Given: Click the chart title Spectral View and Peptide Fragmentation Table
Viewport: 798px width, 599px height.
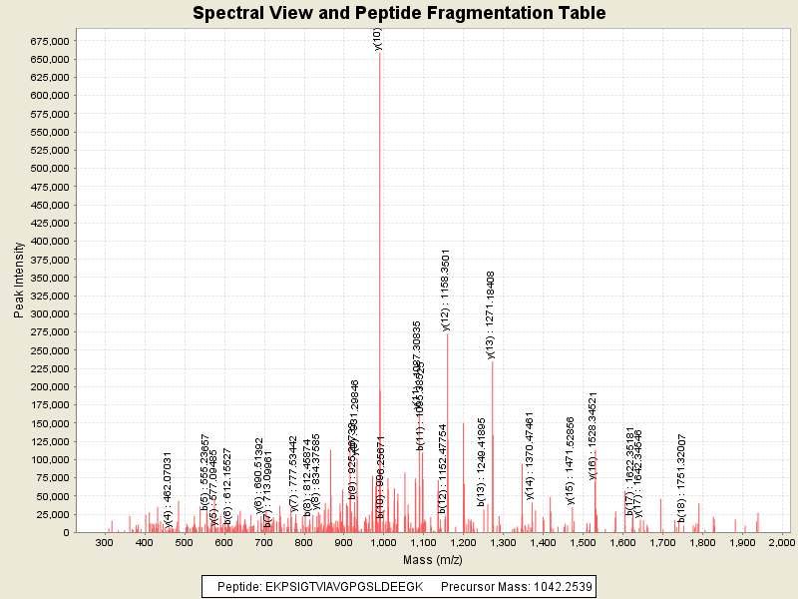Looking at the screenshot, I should tap(399, 13).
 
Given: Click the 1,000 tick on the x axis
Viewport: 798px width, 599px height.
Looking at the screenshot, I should tap(383, 542).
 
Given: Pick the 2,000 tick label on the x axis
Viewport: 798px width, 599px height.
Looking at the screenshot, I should tap(781, 542).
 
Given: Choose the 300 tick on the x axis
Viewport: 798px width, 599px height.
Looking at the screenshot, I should tap(105, 542).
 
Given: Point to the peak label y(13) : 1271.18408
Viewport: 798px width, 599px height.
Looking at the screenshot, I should tap(491, 313).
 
